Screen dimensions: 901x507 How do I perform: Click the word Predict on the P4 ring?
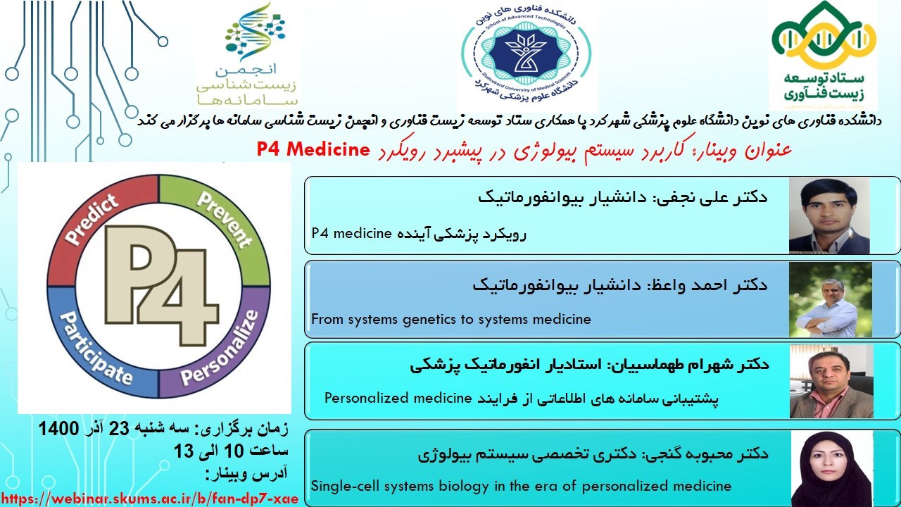(x=92, y=219)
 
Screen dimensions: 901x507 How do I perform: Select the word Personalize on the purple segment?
(x=220, y=348)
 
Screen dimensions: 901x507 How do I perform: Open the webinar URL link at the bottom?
(x=150, y=499)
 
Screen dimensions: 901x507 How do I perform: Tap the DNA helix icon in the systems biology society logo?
(x=255, y=32)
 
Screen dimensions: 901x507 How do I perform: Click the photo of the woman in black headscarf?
(x=832, y=469)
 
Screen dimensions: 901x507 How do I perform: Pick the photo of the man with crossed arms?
(x=831, y=300)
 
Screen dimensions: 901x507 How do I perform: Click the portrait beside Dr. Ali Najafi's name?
(x=829, y=215)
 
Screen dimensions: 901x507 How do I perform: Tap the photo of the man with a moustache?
(x=831, y=382)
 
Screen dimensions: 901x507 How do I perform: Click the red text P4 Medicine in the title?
(x=313, y=150)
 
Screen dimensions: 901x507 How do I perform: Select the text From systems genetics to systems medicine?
(x=451, y=319)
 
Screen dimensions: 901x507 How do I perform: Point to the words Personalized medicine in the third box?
(x=398, y=398)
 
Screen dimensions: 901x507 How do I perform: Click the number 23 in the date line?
(x=119, y=428)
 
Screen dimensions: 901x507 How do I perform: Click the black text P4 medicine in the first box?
(x=351, y=233)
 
